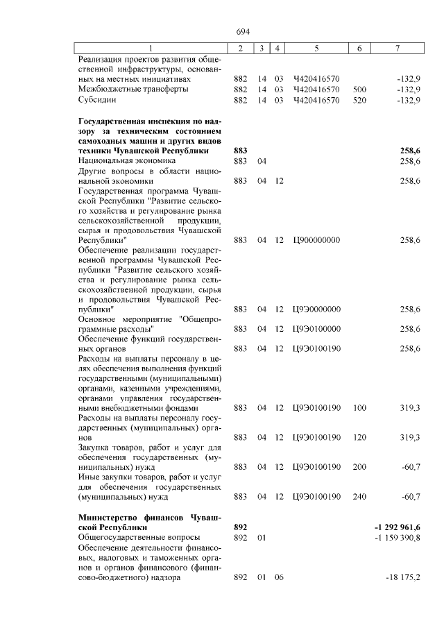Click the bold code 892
[x=241, y=528]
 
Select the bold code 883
[x=241, y=151]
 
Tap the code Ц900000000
[x=316, y=240]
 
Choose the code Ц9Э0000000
[x=316, y=309]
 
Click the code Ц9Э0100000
[x=316, y=328]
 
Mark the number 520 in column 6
[x=359, y=100]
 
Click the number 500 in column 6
[x=359, y=90]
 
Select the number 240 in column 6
[x=359, y=496]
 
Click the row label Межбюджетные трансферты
[x=124, y=90]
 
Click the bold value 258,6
[x=410, y=151]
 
